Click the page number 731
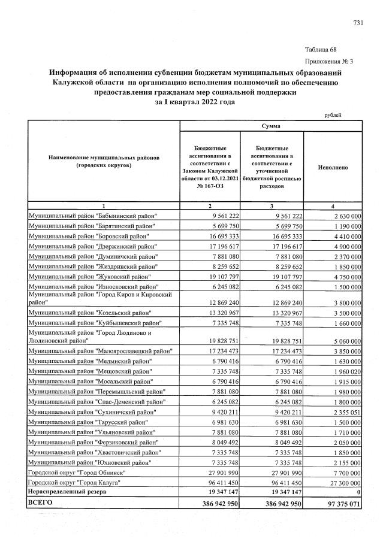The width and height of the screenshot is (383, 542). tap(358, 23)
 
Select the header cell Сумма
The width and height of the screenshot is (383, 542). tap(271, 126)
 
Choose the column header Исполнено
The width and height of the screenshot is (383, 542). tap(333, 168)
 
